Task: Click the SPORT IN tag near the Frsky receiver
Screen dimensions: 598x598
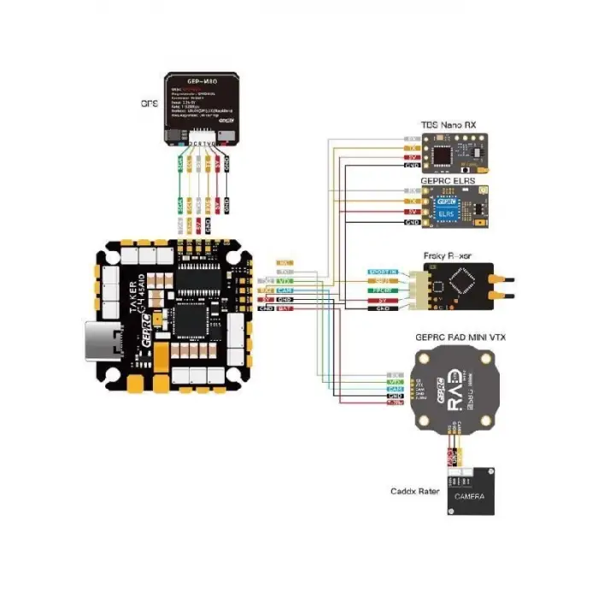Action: click(x=378, y=271)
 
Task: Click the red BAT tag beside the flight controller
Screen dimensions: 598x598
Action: click(x=286, y=308)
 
